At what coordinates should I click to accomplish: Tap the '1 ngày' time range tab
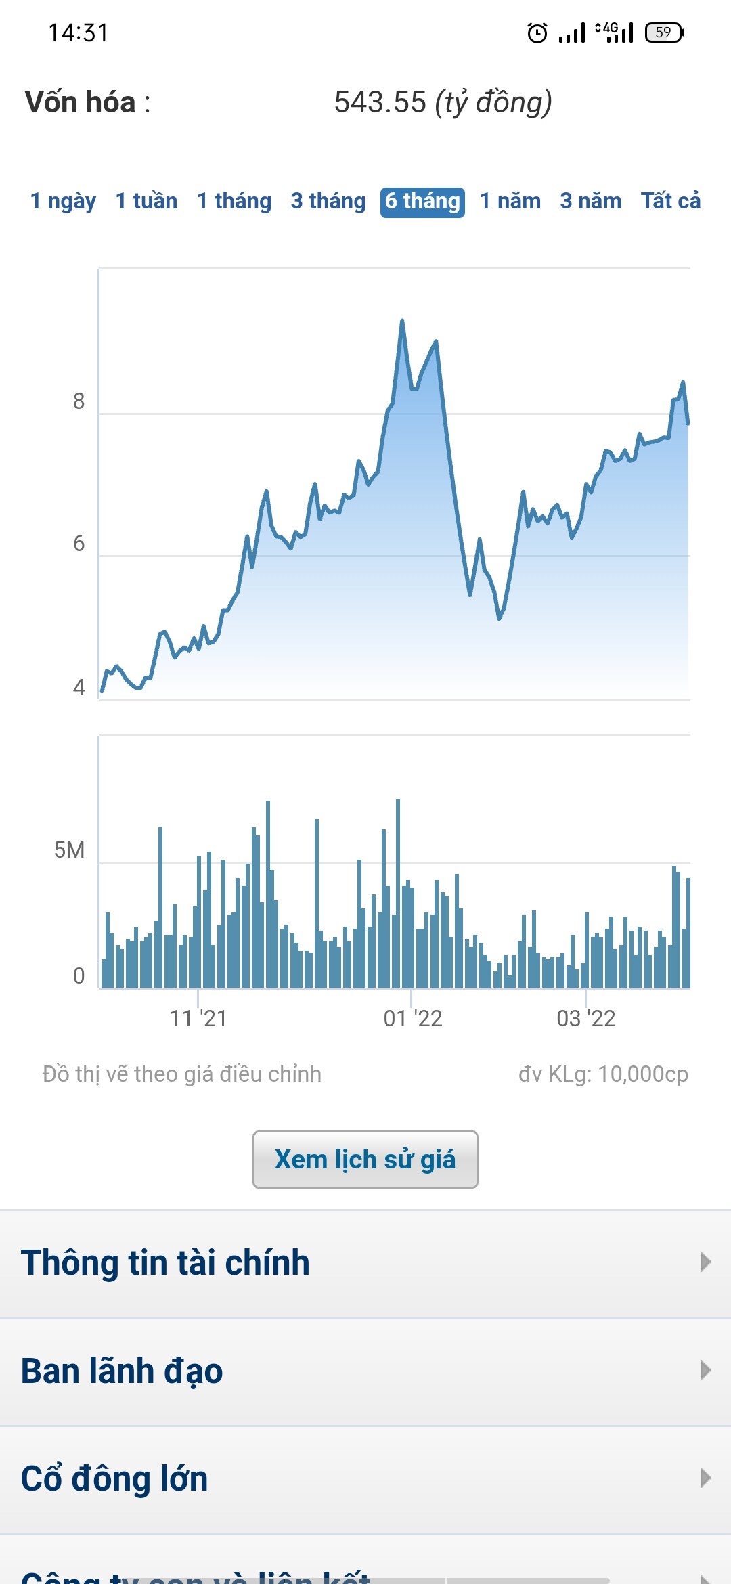point(63,202)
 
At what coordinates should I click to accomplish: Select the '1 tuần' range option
point(146,202)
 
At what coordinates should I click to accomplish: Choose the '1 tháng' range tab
point(234,202)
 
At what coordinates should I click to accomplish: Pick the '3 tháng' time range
point(328,202)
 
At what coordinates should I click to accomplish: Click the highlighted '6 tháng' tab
point(422,202)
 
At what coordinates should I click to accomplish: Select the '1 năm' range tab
point(510,202)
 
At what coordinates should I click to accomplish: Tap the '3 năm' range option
point(591,202)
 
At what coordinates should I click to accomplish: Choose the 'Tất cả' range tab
point(671,202)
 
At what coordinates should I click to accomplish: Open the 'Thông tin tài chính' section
point(165,1263)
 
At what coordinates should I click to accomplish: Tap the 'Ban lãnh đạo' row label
point(122,1371)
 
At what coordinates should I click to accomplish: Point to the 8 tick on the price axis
point(79,401)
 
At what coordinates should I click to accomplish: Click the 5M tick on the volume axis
point(70,850)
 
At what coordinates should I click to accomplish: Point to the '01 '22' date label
point(413,1019)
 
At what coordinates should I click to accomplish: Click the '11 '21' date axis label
point(198,1019)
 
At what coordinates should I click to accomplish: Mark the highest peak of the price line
point(402,321)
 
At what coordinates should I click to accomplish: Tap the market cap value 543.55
point(380,102)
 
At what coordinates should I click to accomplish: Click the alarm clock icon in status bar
point(537,32)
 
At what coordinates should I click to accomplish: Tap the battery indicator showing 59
point(665,32)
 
